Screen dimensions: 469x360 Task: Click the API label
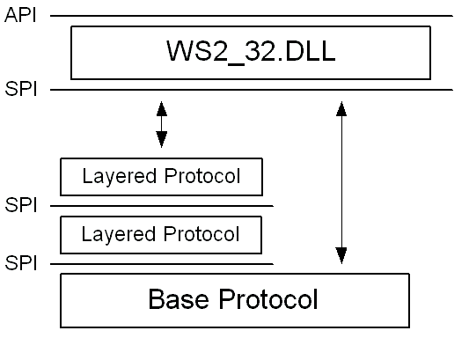point(20,15)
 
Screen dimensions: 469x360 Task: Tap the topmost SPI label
point(21,89)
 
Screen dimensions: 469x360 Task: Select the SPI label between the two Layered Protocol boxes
point(21,205)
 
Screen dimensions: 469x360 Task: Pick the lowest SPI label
point(21,263)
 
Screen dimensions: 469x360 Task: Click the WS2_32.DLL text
point(251,51)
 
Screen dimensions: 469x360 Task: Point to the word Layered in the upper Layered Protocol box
point(120,176)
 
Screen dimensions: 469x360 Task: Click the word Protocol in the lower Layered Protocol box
point(202,234)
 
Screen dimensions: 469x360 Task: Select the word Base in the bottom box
point(179,298)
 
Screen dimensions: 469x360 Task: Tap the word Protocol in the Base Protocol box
point(268,298)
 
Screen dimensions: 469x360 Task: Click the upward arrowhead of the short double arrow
point(162,109)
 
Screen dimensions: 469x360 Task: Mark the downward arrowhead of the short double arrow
point(162,139)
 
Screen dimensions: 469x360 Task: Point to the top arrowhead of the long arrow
point(341,108)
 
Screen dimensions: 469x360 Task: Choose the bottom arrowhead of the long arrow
point(341,255)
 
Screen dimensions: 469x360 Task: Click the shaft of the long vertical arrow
point(341,182)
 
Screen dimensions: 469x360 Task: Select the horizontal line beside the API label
point(252,16)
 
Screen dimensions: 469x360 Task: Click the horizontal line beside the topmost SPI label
point(252,90)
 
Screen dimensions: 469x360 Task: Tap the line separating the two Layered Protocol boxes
point(162,206)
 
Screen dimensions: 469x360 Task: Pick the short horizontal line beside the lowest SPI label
point(162,264)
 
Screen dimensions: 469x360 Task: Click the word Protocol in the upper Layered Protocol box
point(202,176)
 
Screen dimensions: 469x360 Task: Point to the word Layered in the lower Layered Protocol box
point(119,234)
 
